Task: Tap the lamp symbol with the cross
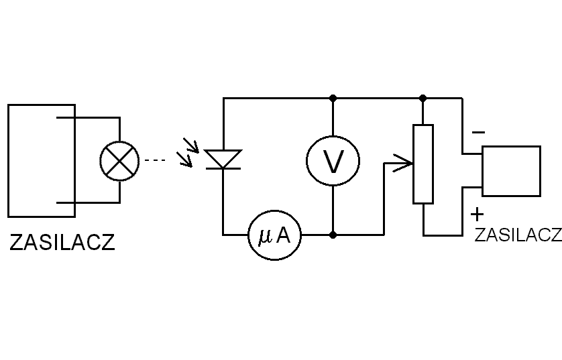click(x=119, y=161)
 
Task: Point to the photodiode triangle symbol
click(x=223, y=159)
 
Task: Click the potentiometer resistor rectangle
click(x=423, y=164)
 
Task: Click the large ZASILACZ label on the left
click(x=62, y=242)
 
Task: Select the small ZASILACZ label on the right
click(x=517, y=235)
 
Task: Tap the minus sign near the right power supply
click(x=478, y=132)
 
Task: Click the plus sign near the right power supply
click(x=477, y=215)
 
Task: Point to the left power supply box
click(x=41, y=160)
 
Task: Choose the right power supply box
click(x=511, y=171)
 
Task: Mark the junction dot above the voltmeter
click(x=333, y=98)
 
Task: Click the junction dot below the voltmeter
click(x=333, y=235)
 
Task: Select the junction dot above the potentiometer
click(x=423, y=98)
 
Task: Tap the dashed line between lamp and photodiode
click(x=156, y=161)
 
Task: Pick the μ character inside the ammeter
click(x=264, y=236)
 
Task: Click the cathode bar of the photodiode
click(x=223, y=168)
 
